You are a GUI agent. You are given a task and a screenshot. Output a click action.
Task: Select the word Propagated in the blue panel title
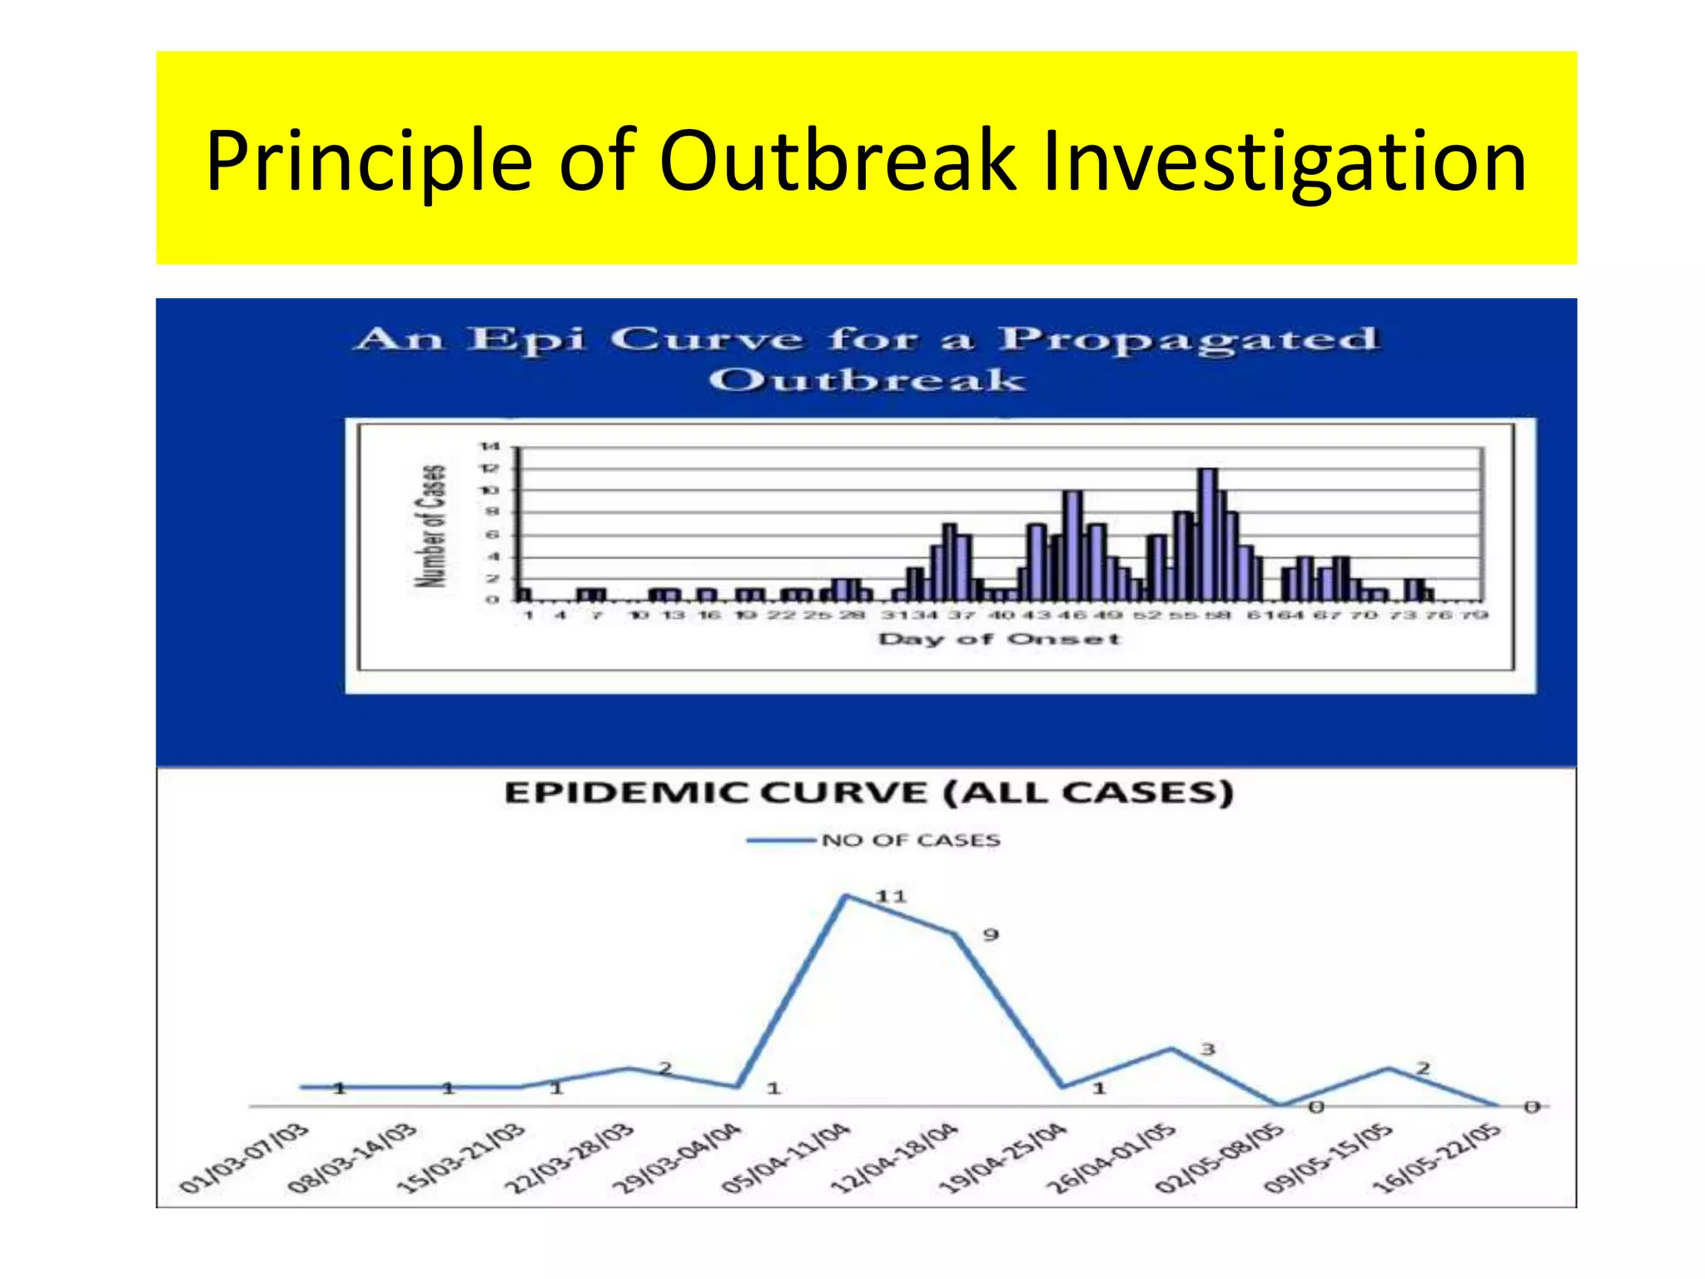tap(1188, 340)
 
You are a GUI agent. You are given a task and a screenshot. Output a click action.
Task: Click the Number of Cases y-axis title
tap(431, 525)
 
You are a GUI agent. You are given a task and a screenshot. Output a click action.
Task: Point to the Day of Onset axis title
tap(999, 639)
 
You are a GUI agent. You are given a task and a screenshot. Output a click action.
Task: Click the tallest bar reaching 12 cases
tap(1207, 533)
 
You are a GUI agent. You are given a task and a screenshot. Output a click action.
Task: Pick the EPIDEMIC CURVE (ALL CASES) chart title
tap(868, 792)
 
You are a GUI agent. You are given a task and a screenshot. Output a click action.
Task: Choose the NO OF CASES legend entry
tap(910, 840)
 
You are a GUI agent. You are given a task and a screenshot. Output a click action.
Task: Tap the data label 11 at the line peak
tap(890, 896)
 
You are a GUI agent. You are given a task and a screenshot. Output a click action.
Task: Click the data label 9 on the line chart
tap(990, 934)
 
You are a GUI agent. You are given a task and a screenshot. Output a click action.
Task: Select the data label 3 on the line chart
tap(1208, 1049)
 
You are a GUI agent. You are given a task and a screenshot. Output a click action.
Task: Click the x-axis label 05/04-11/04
tap(786, 1158)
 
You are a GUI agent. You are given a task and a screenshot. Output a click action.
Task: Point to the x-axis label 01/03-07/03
tap(244, 1158)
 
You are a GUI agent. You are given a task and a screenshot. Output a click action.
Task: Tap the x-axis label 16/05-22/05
tap(1437, 1158)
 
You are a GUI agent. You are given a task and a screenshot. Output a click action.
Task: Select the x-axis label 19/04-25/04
tap(1003, 1158)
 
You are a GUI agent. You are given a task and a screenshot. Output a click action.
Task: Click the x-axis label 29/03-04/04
tap(677, 1158)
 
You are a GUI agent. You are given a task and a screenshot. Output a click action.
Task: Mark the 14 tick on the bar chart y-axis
tap(489, 447)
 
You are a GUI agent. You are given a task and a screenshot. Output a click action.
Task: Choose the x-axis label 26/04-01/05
tap(1112, 1158)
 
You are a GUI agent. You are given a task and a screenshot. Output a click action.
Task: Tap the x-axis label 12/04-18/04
tap(895, 1158)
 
